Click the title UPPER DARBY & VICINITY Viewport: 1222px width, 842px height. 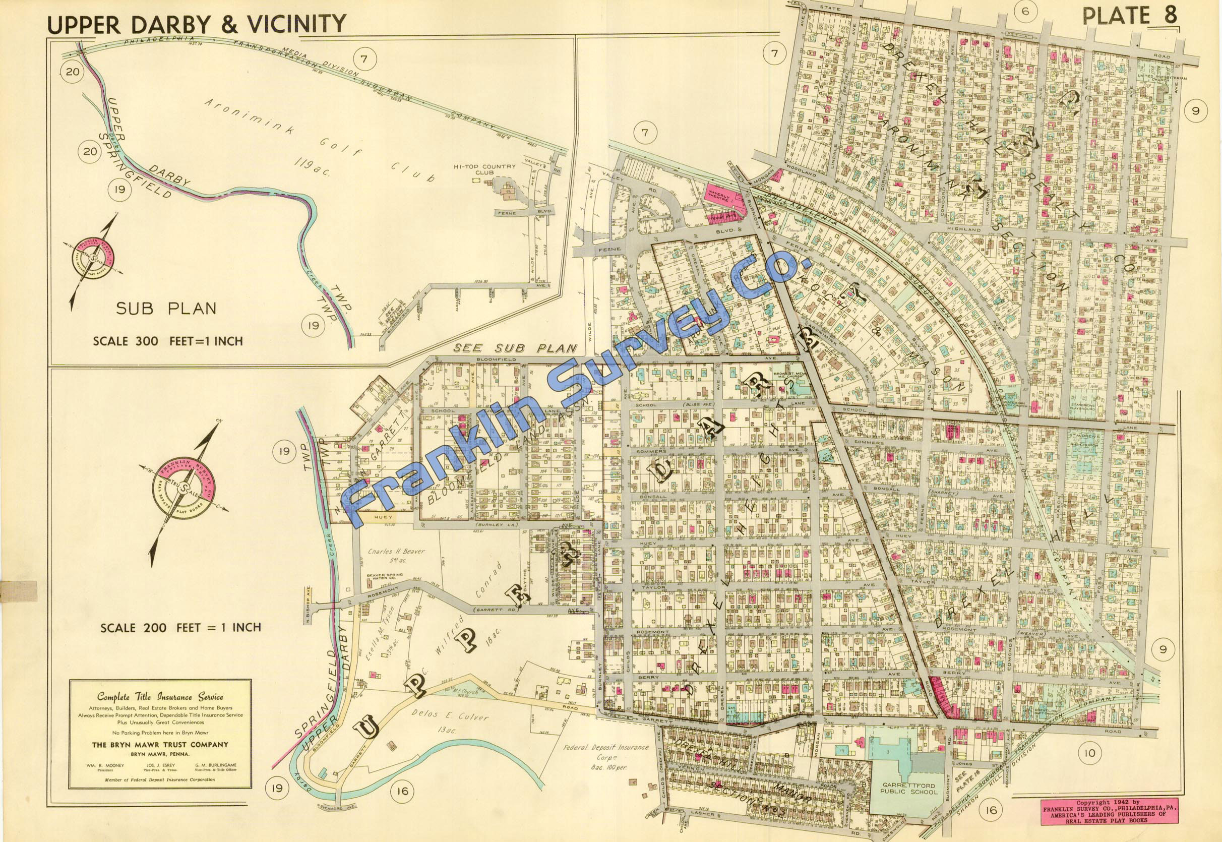click(197, 24)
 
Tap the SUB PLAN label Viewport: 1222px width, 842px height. click(166, 308)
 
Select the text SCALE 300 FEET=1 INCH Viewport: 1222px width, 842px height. click(168, 341)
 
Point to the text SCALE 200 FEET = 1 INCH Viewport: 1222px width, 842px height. click(181, 628)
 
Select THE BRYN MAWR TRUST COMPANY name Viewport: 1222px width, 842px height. click(160, 744)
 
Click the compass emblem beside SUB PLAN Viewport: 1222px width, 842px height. click(94, 259)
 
